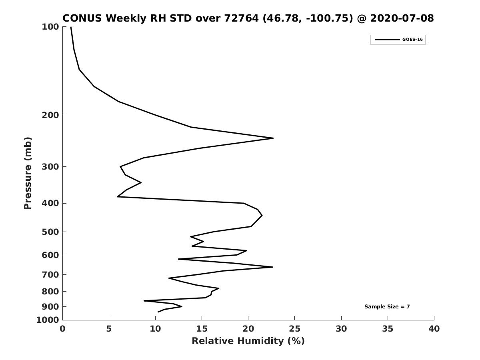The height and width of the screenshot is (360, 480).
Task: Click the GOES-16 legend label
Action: point(412,40)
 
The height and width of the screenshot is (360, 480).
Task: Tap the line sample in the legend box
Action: point(387,40)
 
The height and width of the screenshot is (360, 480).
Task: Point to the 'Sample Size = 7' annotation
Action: point(387,307)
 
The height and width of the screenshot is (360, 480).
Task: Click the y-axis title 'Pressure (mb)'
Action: point(28,173)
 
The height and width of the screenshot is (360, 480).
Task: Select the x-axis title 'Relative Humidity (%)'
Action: point(248,341)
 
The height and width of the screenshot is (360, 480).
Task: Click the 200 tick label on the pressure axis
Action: point(50,115)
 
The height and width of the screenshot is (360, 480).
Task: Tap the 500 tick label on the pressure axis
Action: point(50,232)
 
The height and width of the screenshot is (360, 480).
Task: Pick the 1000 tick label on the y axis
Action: point(48,320)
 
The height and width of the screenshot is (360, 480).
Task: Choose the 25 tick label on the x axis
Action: point(294,329)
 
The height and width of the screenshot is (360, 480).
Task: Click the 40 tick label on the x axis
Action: point(434,329)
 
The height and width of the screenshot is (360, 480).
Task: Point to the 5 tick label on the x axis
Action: point(109,329)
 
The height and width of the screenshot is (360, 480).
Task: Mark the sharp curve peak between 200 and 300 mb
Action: point(273,138)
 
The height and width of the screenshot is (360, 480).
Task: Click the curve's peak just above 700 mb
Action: point(272,267)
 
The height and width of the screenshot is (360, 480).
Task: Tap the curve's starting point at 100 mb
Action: point(71,27)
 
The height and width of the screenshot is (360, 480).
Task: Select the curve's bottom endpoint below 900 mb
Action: point(158,312)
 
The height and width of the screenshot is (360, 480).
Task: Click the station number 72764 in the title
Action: point(242,18)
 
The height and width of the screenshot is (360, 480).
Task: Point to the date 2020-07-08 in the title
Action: point(402,18)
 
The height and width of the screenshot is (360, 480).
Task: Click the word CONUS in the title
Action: point(82,18)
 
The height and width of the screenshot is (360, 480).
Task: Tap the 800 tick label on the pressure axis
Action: point(50,291)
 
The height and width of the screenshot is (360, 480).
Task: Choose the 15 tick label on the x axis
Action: point(202,329)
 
